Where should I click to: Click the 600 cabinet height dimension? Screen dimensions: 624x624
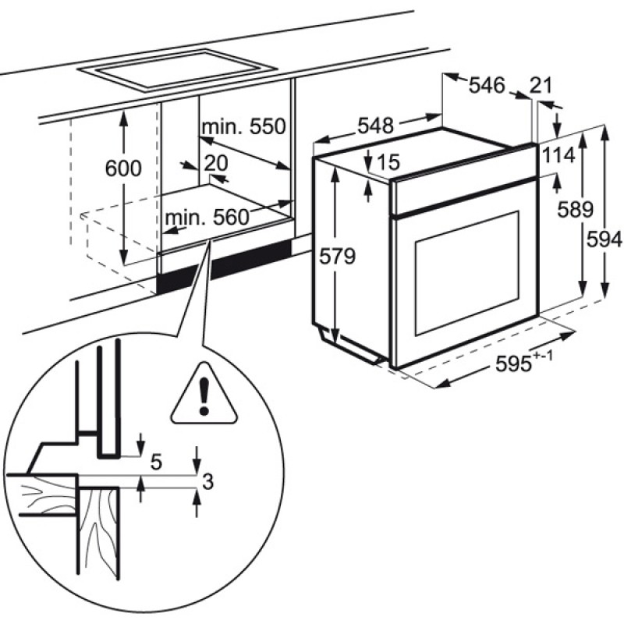coord(122,168)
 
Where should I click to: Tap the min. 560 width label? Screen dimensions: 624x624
coord(204,216)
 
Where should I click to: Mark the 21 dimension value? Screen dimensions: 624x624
coord(541,86)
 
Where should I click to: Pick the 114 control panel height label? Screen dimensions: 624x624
coord(558,155)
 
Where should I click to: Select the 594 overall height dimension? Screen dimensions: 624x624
coord(606,241)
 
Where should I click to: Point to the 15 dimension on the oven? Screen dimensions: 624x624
coord(388,162)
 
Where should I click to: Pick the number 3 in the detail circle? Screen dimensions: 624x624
coord(207,482)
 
